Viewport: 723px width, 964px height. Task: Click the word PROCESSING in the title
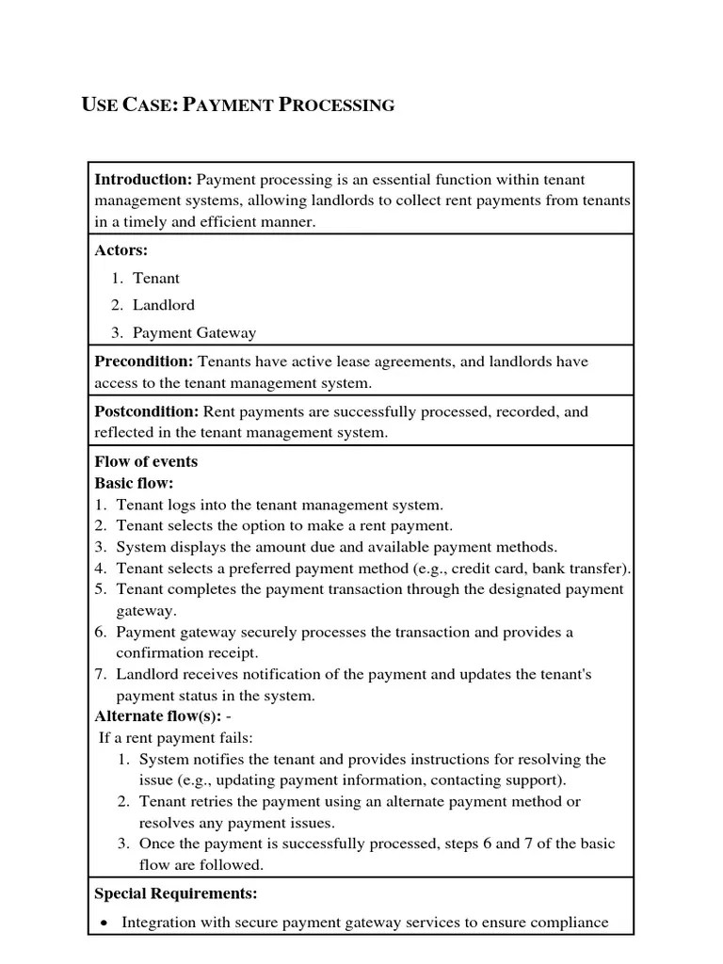[x=337, y=104]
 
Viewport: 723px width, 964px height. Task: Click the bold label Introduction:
[x=143, y=179]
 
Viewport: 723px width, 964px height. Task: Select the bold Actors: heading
[x=121, y=250]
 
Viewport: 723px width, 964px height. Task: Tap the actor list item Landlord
[x=164, y=305]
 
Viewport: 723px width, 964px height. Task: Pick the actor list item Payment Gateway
[x=194, y=332]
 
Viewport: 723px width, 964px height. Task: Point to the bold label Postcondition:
[x=147, y=411]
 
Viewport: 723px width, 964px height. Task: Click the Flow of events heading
[x=146, y=461]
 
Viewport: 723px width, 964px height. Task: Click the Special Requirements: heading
[x=176, y=893]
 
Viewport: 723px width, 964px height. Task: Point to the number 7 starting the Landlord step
[x=100, y=674]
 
